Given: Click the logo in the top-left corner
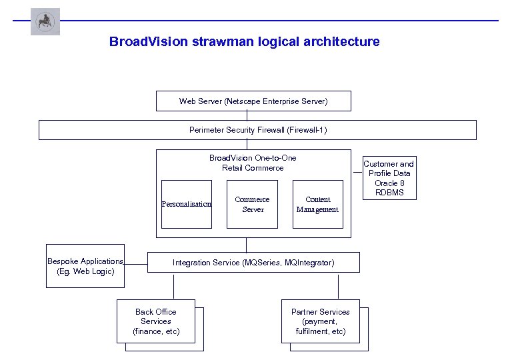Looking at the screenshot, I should [45, 21].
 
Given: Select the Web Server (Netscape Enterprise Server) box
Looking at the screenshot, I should [253, 101].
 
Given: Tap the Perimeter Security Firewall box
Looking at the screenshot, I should [257, 130].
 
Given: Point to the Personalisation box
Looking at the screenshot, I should [187, 204].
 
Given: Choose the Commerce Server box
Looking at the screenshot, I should [252, 204].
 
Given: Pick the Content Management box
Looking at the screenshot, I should [317, 204].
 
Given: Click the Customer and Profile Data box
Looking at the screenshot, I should [389, 178].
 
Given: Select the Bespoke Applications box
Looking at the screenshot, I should [85, 266].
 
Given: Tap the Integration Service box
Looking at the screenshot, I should [253, 263].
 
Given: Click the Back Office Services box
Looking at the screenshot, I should [156, 321].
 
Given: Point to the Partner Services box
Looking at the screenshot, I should [321, 321].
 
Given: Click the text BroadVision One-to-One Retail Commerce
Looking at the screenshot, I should [253, 163].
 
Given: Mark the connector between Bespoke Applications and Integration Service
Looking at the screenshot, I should [136, 264].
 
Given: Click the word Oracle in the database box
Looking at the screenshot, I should [383, 183].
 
